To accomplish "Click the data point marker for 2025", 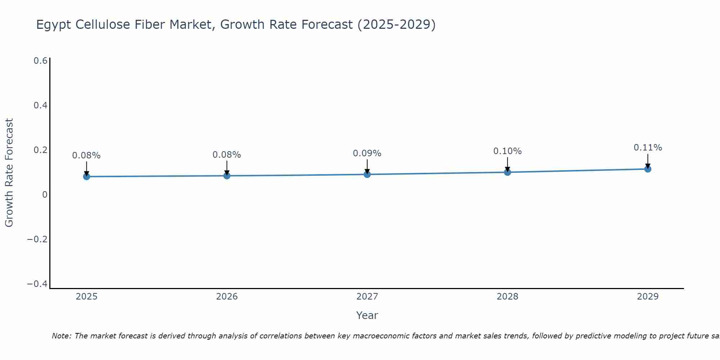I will pyautogui.click(x=86, y=176).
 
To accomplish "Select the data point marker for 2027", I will pyautogui.click(x=367, y=175).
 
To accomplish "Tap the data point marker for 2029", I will pyautogui.click(x=648, y=169).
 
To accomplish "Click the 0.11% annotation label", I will pyautogui.click(x=648, y=148).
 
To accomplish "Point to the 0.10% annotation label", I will pyautogui.click(x=507, y=151).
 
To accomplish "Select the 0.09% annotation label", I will pyautogui.click(x=367, y=153).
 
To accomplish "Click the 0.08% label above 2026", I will pyautogui.click(x=226, y=155).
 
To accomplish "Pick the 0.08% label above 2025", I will pyautogui.click(x=86, y=156).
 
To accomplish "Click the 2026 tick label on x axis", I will pyautogui.click(x=227, y=297).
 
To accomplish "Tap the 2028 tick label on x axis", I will pyautogui.click(x=507, y=297).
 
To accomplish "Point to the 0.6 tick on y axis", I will pyautogui.click(x=40, y=61).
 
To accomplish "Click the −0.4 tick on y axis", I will pyautogui.click(x=37, y=284).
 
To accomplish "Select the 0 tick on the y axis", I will pyautogui.click(x=45, y=195).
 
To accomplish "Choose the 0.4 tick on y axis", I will pyautogui.click(x=40, y=105).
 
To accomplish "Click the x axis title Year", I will pyautogui.click(x=367, y=315).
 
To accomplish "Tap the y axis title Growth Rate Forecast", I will pyautogui.click(x=9, y=173).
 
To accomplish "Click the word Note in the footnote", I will pyautogui.click(x=62, y=336).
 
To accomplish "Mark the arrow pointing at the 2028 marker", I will pyautogui.click(x=507, y=165).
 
